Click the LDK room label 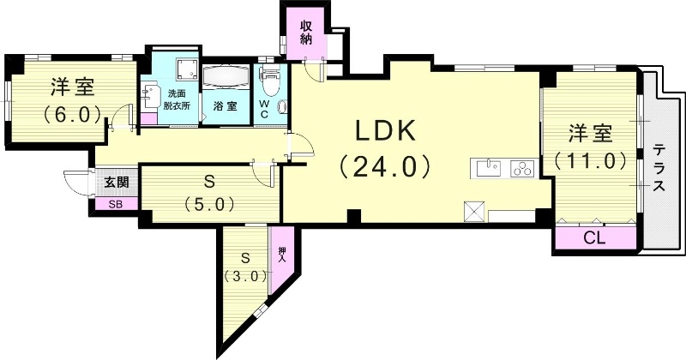(x=385, y=131)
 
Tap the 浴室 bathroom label (x=226, y=110)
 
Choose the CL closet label (x=594, y=237)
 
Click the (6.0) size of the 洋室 (x=72, y=112)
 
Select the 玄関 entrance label (x=117, y=183)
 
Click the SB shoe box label (x=115, y=204)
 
